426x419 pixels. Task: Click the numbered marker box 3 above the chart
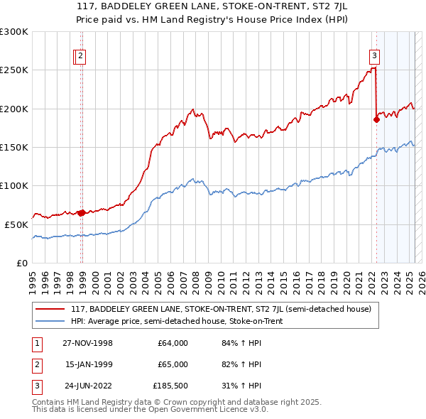tap(374, 58)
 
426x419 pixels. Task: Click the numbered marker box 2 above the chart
tap(81, 58)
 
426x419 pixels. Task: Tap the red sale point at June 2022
tap(376, 120)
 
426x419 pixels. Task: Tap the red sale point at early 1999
tap(82, 212)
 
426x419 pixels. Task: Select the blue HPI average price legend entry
tap(177, 321)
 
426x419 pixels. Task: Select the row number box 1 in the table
tap(35, 343)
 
